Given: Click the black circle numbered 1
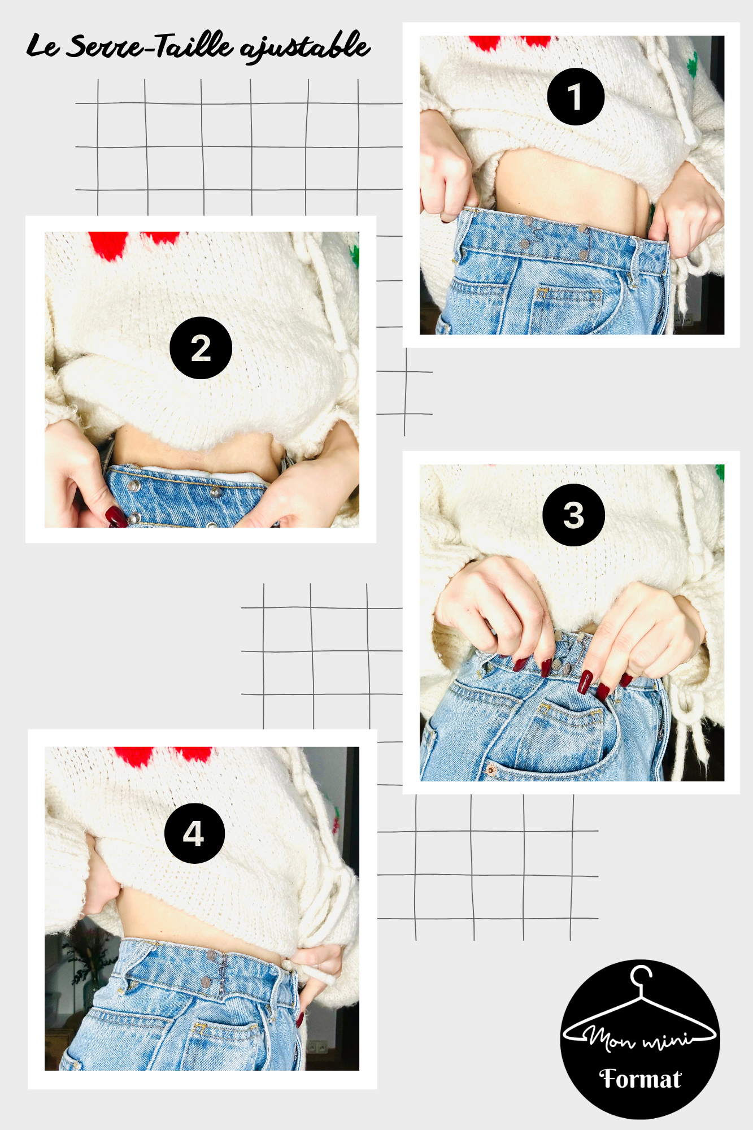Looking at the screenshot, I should coord(576,97).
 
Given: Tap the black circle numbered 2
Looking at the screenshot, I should coord(201,347).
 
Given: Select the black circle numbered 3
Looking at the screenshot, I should coord(573,515).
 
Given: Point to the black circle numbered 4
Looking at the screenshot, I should coord(194,833).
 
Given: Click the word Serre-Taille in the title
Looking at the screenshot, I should coord(149,46).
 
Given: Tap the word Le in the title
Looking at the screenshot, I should coord(42,46).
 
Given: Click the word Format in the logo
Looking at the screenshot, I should coord(640,1079).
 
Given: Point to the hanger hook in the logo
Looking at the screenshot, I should coord(641,977).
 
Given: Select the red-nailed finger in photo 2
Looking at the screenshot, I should coord(116,515).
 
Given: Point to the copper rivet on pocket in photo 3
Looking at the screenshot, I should coord(491,770).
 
